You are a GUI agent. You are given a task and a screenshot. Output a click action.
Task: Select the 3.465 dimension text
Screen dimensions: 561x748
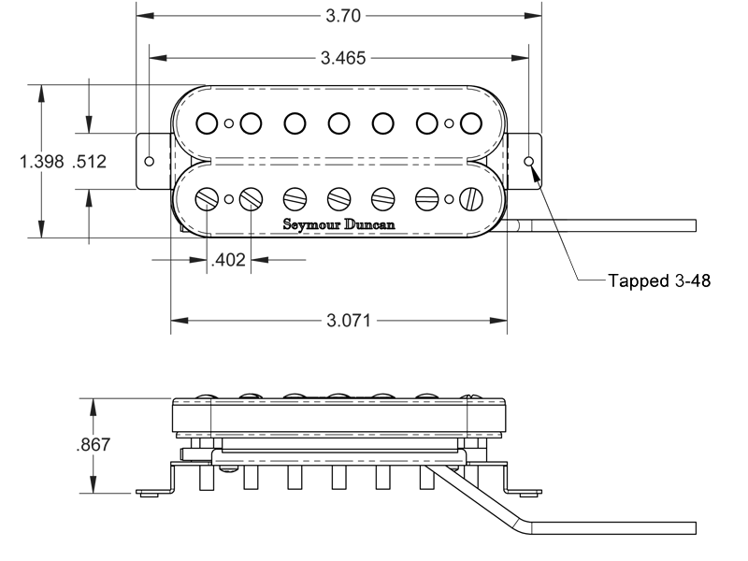(x=343, y=58)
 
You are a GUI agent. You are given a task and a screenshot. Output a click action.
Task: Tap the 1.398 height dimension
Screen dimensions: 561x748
(x=40, y=162)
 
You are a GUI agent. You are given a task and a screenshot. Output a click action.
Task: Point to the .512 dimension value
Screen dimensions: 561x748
(x=89, y=162)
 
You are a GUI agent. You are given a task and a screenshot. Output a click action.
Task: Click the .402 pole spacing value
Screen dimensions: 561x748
(x=228, y=261)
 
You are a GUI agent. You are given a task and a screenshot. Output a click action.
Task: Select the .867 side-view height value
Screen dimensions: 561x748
(x=93, y=445)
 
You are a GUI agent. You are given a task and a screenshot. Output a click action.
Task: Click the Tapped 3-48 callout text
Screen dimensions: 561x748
(x=659, y=281)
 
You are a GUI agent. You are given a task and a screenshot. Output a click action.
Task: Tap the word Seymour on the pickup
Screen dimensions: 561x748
(x=311, y=224)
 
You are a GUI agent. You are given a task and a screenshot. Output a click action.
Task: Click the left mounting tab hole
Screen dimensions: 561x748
(x=150, y=161)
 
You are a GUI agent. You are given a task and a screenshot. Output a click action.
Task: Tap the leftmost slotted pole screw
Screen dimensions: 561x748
(x=208, y=199)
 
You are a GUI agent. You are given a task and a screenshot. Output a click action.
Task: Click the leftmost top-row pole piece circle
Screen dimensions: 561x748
(x=208, y=122)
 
